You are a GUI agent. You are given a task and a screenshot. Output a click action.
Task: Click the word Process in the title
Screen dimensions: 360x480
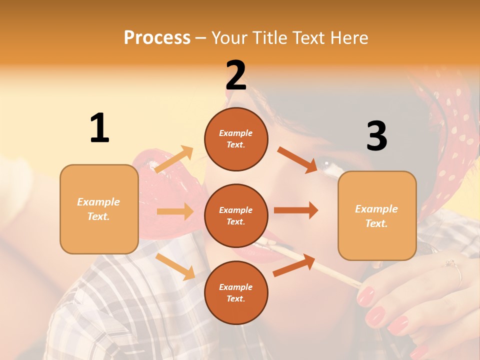pyautogui.click(x=157, y=37)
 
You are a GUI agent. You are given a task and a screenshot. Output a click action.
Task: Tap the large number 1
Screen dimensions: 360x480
pyautogui.click(x=99, y=128)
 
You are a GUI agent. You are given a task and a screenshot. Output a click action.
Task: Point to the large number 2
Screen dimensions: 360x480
pyautogui.click(x=236, y=75)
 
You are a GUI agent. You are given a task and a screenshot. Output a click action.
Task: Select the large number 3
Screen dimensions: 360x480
pyautogui.click(x=376, y=136)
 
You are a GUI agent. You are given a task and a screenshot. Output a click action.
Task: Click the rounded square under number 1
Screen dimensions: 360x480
pyautogui.click(x=99, y=209)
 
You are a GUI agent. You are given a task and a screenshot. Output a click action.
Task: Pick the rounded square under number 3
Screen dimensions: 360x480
pyautogui.click(x=377, y=215)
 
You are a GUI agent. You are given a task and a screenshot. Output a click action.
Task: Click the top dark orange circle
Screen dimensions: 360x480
pyautogui.click(x=236, y=139)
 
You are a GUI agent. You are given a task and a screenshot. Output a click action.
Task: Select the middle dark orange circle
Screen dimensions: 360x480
pyautogui.click(x=236, y=215)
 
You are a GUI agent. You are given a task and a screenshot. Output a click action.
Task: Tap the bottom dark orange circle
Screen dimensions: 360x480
pyautogui.click(x=236, y=292)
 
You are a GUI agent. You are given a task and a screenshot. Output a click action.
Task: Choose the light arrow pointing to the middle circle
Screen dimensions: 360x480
pyautogui.click(x=175, y=211)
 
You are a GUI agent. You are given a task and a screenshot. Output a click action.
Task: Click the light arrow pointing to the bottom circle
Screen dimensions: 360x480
pyautogui.click(x=175, y=266)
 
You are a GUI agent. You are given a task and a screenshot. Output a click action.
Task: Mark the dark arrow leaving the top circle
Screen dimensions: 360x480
pyautogui.click(x=297, y=159)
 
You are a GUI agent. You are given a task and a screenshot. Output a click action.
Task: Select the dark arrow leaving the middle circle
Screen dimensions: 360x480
pyautogui.click(x=295, y=210)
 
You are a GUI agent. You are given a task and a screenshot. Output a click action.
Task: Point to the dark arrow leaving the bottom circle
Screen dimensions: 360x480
pyautogui.click(x=294, y=265)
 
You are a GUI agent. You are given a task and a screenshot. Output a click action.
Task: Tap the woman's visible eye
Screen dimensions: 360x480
pyautogui.click(x=328, y=163)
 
